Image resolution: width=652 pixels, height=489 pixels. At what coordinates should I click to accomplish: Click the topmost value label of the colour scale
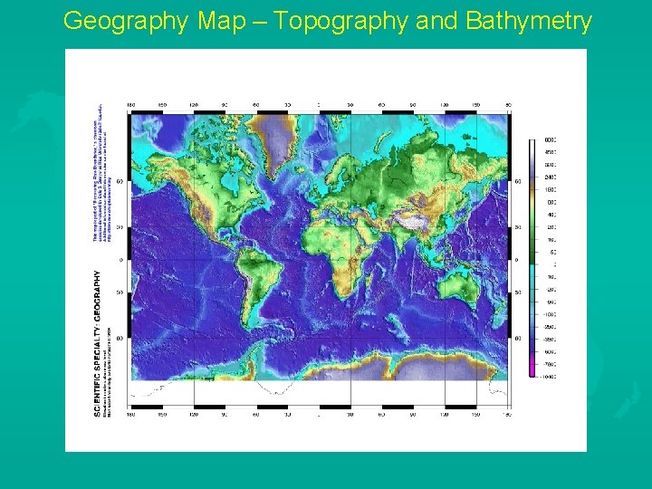[550, 140]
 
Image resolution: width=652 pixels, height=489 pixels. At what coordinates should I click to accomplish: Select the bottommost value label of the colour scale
[550, 374]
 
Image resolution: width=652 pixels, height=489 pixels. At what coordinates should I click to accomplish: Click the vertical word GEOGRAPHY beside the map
[97, 295]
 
